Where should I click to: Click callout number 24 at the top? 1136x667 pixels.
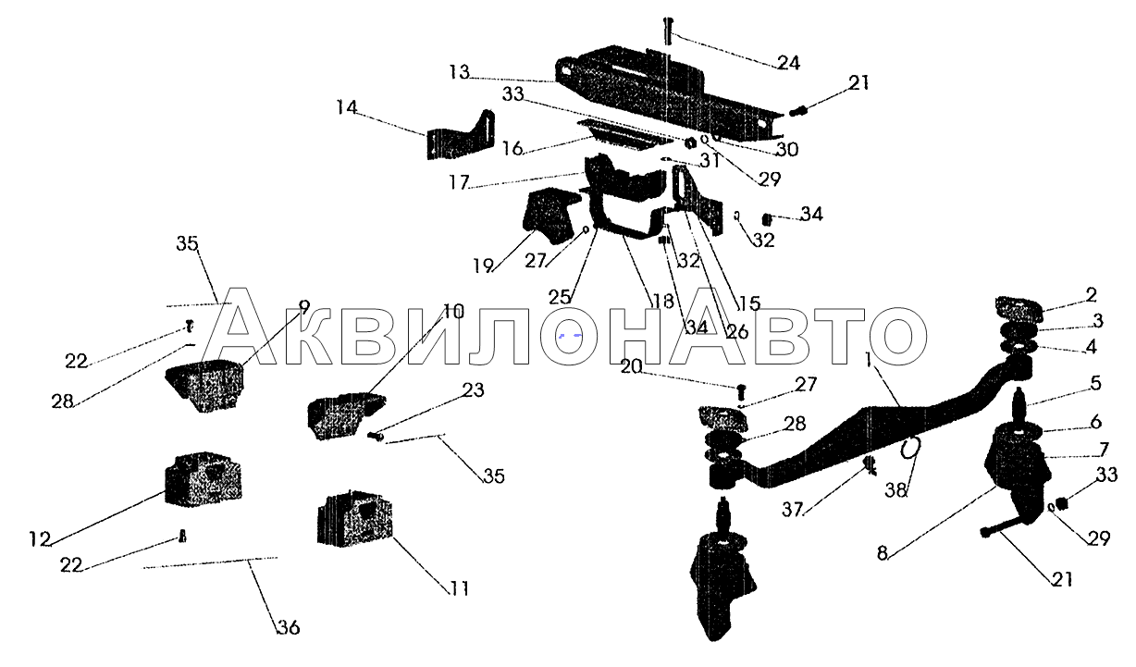click(x=788, y=63)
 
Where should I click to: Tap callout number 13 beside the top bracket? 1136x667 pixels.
click(x=459, y=72)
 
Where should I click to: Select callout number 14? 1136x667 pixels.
click(x=347, y=107)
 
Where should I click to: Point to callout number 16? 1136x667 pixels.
click(x=512, y=148)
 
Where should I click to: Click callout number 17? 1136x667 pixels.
click(x=459, y=182)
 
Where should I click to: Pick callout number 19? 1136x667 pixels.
click(x=483, y=266)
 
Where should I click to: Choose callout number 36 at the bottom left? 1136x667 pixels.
click(x=289, y=628)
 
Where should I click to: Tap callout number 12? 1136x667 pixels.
click(x=40, y=539)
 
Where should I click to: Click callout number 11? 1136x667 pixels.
click(x=460, y=589)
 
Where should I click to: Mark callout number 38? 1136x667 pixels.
click(x=896, y=490)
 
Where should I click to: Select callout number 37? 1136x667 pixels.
click(x=793, y=510)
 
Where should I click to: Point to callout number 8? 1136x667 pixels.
click(x=883, y=553)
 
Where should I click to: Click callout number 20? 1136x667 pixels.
click(x=632, y=366)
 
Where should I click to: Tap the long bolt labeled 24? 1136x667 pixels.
click(x=668, y=31)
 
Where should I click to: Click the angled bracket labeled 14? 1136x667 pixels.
click(x=460, y=135)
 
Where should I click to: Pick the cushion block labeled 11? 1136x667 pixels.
click(x=355, y=518)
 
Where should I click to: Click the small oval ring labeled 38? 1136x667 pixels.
click(x=910, y=449)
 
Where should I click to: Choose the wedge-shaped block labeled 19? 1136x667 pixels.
click(x=548, y=216)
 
